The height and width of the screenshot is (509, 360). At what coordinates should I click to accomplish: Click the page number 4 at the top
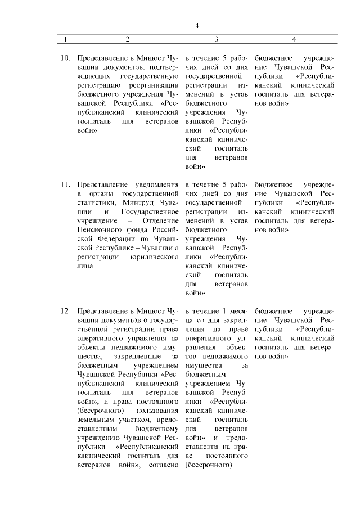[x=197, y=25]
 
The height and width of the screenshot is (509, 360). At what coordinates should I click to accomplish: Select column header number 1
[x=65, y=39]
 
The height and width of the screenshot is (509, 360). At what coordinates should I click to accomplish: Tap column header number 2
[x=128, y=39]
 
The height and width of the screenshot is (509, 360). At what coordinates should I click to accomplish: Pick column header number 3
[x=217, y=39]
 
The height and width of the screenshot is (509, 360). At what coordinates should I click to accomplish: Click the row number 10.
[x=65, y=58]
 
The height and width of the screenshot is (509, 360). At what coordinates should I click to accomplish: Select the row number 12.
[x=65, y=311]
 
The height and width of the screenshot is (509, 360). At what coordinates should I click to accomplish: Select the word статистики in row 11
[x=95, y=202]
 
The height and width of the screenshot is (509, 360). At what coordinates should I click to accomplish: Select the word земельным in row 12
[x=95, y=419]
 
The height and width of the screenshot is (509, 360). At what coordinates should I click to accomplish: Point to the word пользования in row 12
[x=155, y=410]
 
